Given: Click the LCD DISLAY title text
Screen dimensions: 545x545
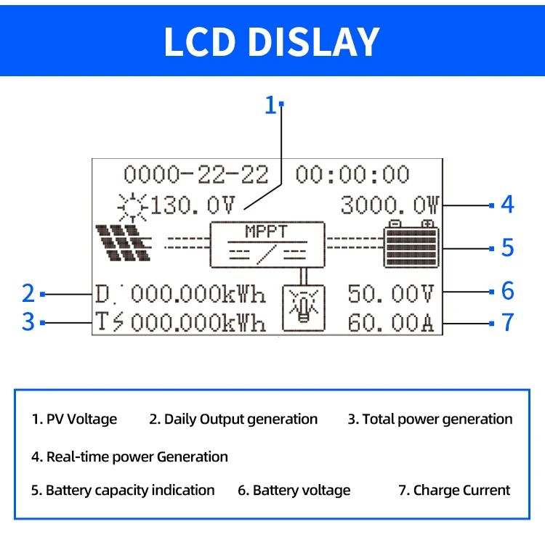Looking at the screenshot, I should click(x=272, y=41).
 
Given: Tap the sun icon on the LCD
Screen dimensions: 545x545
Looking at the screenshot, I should click(x=133, y=205).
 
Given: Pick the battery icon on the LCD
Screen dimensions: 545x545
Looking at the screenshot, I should click(x=412, y=244).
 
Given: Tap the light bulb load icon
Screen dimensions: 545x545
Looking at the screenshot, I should click(x=303, y=308).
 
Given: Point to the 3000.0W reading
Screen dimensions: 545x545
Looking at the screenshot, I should click(x=389, y=205).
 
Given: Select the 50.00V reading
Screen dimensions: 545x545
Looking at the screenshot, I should click(x=390, y=294).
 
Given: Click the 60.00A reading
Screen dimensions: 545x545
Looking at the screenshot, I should click(x=390, y=322).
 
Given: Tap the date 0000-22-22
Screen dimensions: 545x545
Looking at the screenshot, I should click(x=195, y=175).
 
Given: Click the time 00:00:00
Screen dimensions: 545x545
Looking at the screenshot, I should click(x=352, y=175).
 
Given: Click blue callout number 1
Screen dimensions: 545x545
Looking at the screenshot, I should click(x=271, y=106).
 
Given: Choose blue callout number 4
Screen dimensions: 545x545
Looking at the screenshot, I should click(x=507, y=205).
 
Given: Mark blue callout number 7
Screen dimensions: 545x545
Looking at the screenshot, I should click(x=507, y=321).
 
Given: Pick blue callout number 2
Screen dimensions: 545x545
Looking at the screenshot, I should click(x=28, y=293).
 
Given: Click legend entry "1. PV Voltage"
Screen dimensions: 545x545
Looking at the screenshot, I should click(x=74, y=419).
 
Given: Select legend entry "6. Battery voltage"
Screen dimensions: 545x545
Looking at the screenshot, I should click(x=294, y=491).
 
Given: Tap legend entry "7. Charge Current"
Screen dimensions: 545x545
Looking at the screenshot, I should click(x=454, y=491).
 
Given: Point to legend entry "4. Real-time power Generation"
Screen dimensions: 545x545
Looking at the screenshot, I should click(x=129, y=456).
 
